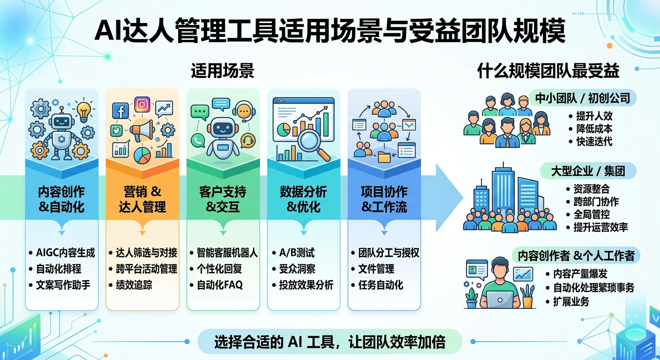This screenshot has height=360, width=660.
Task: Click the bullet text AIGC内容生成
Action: (x=65, y=253)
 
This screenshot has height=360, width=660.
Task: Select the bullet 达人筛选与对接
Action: (x=146, y=253)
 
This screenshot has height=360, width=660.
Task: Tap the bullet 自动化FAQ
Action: (x=219, y=285)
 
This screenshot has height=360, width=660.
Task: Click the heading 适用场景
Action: (x=223, y=71)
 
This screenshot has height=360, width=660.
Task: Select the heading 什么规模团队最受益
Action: (x=548, y=71)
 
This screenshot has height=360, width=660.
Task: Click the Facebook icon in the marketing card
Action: (x=120, y=111)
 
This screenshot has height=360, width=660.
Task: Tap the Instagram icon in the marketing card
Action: (x=142, y=104)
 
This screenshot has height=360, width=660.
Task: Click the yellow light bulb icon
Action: (x=83, y=111)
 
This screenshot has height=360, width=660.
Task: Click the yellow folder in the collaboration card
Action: (x=384, y=157)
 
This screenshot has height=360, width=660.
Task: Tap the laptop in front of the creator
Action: (x=500, y=298)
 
